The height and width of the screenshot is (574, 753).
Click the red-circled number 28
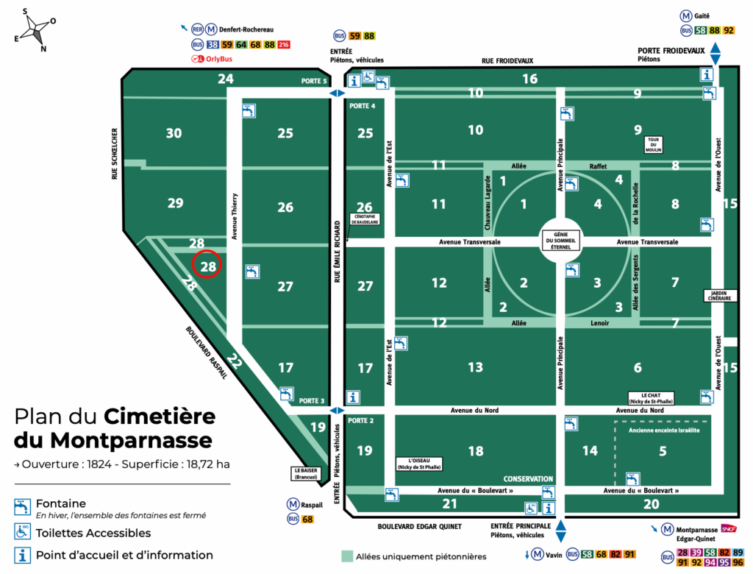point(208,266)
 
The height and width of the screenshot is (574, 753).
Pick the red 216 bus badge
point(284,45)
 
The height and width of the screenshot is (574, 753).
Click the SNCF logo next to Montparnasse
point(728,528)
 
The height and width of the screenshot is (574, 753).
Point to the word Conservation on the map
point(528,478)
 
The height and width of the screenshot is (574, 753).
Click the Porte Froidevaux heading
point(671,51)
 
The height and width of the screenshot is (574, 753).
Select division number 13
point(475,366)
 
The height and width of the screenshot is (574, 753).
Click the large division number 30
point(174,133)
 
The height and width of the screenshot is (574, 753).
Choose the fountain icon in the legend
point(22,506)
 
